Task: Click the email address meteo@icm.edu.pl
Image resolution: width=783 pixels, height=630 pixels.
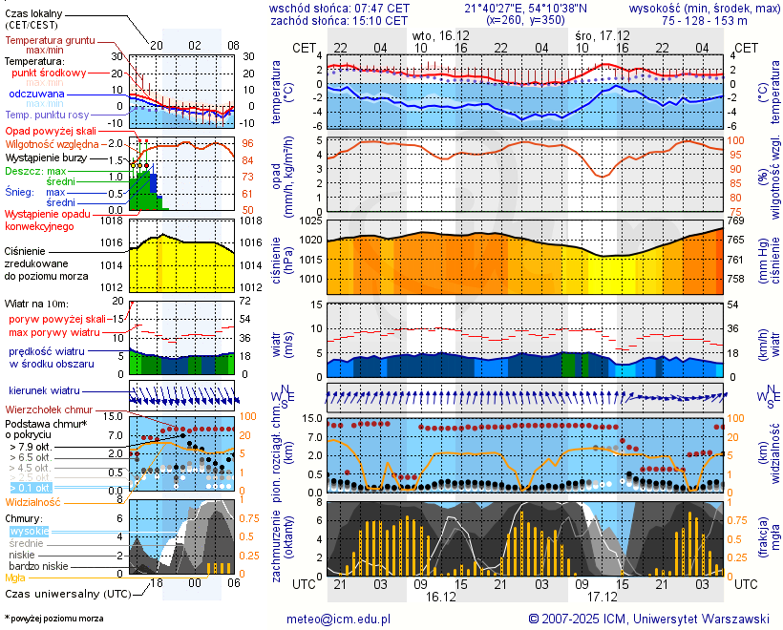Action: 339,619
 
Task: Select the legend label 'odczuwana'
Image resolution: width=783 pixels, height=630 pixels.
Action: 37,94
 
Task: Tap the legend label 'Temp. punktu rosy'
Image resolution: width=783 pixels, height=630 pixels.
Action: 47,115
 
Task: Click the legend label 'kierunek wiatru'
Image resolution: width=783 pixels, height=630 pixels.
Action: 43,391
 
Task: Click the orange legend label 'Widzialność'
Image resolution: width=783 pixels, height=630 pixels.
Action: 33,501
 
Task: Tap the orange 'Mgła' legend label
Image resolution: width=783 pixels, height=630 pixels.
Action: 15,577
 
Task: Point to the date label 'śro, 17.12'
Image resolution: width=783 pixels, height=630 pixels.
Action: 602,34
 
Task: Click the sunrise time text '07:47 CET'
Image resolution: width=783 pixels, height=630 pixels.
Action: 380,8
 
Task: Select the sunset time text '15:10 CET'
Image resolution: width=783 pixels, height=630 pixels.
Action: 380,20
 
